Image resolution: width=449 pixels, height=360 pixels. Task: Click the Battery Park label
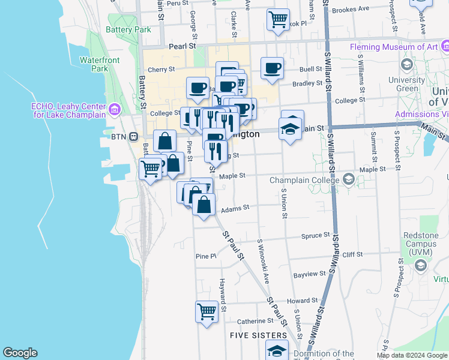click(128, 29)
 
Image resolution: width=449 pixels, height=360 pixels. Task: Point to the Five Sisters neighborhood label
click(259, 335)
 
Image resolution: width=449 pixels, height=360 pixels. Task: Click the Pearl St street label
click(182, 46)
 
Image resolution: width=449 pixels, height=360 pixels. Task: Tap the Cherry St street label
click(161, 70)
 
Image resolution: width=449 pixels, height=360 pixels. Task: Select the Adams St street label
click(235, 209)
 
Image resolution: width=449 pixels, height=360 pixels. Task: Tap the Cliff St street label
click(352, 254)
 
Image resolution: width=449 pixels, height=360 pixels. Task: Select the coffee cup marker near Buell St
click(272, 68)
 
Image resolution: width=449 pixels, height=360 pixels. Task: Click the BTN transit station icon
click(136, 136)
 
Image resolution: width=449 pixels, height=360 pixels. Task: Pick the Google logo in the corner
click(20, 353)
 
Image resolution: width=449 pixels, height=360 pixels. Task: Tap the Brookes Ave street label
click(351, 10)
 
